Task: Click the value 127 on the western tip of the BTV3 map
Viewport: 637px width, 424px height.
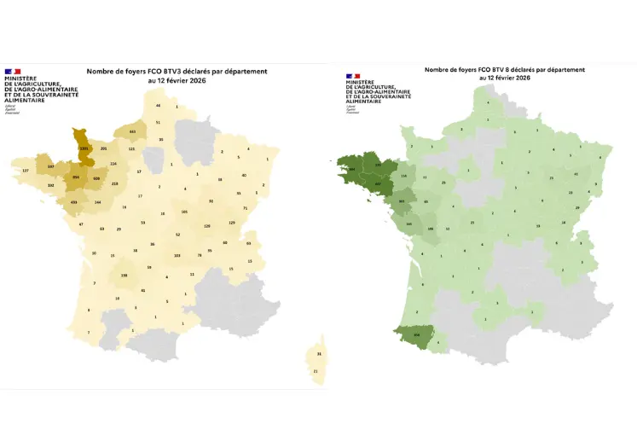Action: click(x=24, y=171)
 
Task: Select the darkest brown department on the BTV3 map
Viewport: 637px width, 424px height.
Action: click(x=83, y=147)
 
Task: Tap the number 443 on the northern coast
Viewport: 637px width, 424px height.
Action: click(x=132, y=132)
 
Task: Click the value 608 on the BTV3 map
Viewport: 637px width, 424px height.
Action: click(x=96, y=178)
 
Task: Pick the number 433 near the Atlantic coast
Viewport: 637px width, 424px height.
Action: click(x=75, y=201)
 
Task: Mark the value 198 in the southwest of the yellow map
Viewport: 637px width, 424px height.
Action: click(x=124, y=276)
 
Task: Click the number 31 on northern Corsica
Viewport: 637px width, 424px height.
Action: click(x=319, y=354)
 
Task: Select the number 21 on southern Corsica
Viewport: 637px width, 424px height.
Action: click(x=316, y=371)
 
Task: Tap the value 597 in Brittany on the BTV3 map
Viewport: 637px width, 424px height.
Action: click(x=51, y=166)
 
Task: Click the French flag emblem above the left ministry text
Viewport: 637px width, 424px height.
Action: click(x=13, y=71)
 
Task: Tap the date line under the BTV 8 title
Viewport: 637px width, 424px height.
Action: click(x=505, y=78)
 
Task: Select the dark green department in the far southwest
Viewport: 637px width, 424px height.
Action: click(x=418, y=335)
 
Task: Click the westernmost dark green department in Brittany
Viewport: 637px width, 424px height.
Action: click(x=352, y=167)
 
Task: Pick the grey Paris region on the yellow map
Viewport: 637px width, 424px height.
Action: click(x=154, y=159)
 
